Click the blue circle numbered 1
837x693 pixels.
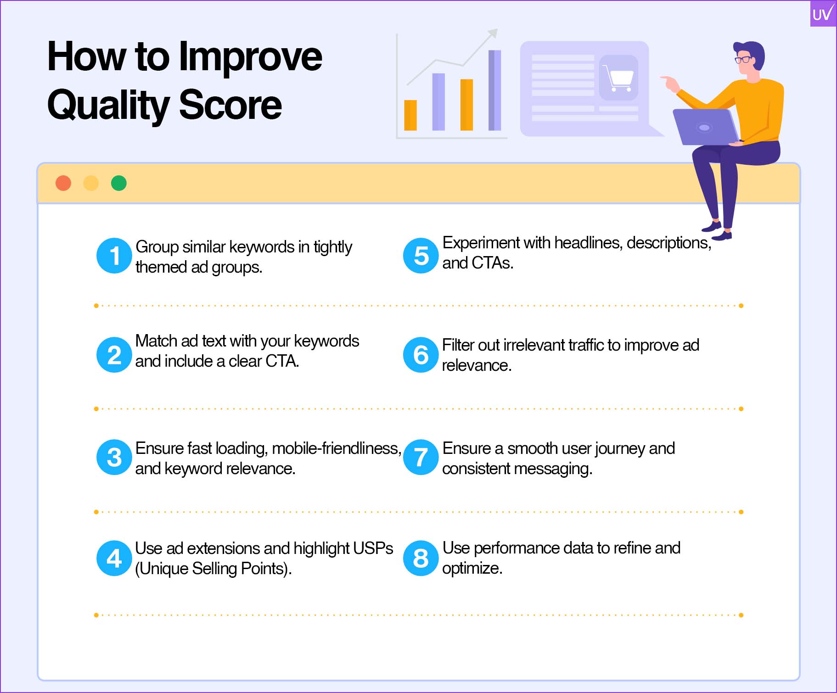tap(114, 256)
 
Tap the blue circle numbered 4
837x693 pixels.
tap(114, 559)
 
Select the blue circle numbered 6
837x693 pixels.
tap(421, 355)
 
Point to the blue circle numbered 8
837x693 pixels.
tap(421, 559)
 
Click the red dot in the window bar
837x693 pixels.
tap(63, 183)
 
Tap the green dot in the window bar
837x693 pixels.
tap(119, 183)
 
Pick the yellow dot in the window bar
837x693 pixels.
tap(91, 183)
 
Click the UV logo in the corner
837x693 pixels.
tap(823, 14)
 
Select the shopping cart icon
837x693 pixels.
tap(618, 78)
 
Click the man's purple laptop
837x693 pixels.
tap(705, 127)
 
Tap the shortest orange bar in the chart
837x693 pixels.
tap(410, 115)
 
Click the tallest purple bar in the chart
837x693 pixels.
tap(494, 90)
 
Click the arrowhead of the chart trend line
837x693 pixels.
tap(492, 34)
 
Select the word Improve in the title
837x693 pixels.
tap(250, 57)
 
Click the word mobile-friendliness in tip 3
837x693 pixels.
tap(337, 448)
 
